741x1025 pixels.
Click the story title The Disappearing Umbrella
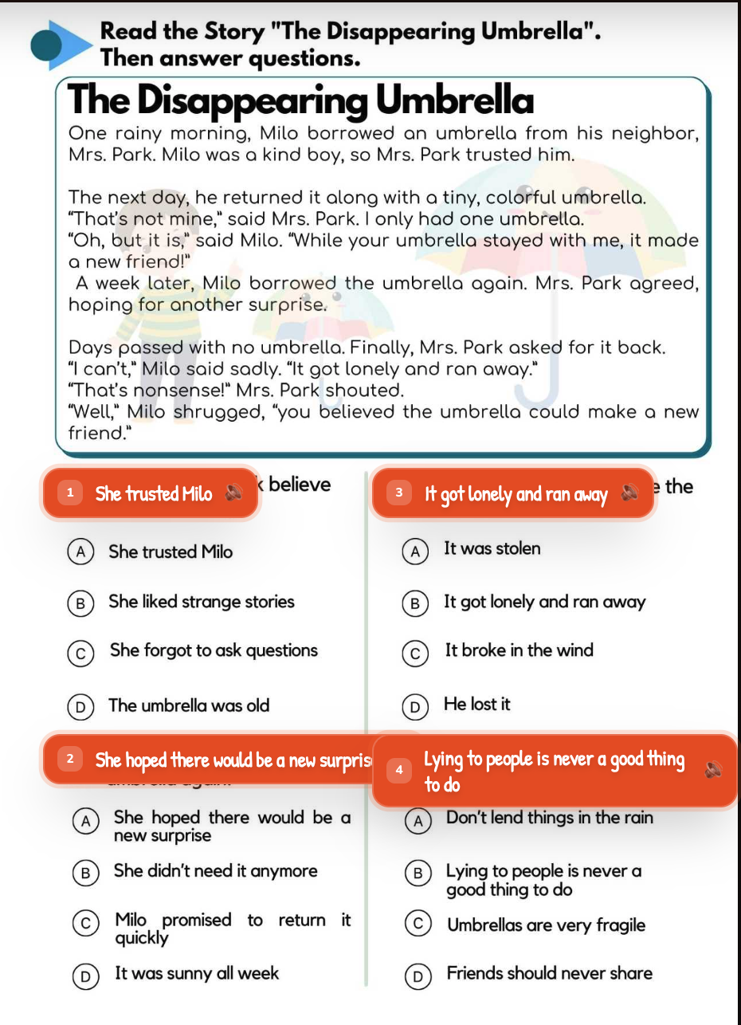click(301, 101)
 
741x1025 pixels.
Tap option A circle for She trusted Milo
click(78, 552)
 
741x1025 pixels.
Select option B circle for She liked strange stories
click(79, 603)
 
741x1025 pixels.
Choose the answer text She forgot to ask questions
click(214, 650)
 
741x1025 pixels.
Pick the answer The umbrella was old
click(189, 705)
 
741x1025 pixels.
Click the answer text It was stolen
click(492, 548)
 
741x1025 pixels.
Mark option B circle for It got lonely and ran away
click(414, 603)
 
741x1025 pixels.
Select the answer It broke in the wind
click(519, 650)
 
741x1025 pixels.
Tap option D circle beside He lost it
click(414, 705)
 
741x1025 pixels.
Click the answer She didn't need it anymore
click(215, 871)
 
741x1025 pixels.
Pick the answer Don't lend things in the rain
click(549, 818)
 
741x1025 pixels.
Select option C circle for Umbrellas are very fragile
click(416, 925)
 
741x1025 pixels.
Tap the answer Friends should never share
click(549, 973)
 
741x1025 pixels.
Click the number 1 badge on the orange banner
click(70, 493)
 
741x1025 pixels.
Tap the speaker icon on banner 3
click(629, 494)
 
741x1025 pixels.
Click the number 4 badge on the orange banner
click(399, 769)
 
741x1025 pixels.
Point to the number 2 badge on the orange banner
click(70, 760)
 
